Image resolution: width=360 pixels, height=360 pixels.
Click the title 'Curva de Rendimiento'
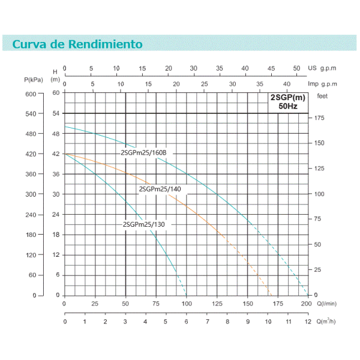tap(77, 44)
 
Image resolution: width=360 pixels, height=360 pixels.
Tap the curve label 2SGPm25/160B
tap(143, 153)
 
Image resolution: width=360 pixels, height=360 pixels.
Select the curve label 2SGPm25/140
tap(160, 189)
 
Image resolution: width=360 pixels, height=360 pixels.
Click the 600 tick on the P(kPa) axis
tap(31, 94)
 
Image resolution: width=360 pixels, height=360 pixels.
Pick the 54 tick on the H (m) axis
tap(56, 113)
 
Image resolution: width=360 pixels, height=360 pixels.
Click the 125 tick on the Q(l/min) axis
tap(217, 304)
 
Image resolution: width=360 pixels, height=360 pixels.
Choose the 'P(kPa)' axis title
tap(33, 79)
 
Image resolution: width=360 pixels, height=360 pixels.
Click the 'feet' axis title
tap(322, 95)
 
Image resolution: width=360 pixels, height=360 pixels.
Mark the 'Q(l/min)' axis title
tap(327, 304)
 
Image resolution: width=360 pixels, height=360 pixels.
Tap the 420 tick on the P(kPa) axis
tap(31, 154)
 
